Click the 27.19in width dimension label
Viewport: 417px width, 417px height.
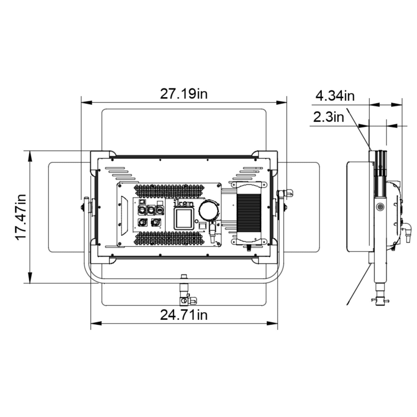click(x=184, y=94)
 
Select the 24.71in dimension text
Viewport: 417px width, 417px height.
click(x=184, y=315)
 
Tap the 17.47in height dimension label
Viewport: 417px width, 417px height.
click(x=21, y=217)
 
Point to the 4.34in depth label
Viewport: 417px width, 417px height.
click(x=335, y=96)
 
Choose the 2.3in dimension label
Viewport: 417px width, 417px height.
click(x=328, y=117)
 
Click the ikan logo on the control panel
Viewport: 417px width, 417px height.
click(x=183, y=204)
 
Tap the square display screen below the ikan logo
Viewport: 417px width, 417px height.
click(x=183, y=219)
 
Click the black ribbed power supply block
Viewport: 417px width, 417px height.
click(x=249, y=213)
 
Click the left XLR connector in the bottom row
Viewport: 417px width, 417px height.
click(x=142, y=223)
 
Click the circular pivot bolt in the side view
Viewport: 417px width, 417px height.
click(x=380, y=207)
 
